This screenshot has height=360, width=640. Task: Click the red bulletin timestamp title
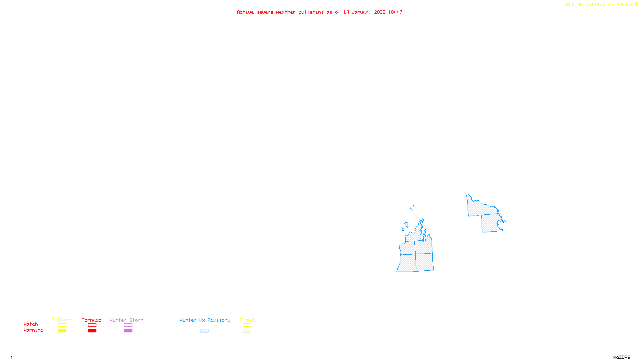tap(319, 12)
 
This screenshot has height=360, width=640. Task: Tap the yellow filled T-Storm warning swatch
tap(62, 331)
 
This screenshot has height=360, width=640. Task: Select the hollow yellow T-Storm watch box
tap(62, 325)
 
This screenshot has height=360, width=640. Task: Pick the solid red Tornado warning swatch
tap(92, 331)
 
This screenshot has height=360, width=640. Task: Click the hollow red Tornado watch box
tap(92, 325)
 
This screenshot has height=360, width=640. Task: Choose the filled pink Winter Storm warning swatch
tap(128, 331)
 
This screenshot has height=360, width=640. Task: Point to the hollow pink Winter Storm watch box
tap(128, 325)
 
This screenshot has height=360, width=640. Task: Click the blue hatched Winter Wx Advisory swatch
tap(204, 331)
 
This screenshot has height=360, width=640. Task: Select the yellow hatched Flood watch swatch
tap(247, 325)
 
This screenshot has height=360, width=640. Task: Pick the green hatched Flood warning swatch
tap(247, 331)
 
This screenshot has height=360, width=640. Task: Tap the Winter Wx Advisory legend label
tap(205, 320)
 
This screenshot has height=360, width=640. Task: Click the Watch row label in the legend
tap(31, 324)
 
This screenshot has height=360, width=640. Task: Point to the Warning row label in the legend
tap(33, 330)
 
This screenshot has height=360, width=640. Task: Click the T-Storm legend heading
tap(62, 320)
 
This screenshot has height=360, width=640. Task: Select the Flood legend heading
tap(247, 320)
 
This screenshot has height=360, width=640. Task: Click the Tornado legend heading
tap(92, 320)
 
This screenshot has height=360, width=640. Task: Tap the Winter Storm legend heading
tap(126, 320)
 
